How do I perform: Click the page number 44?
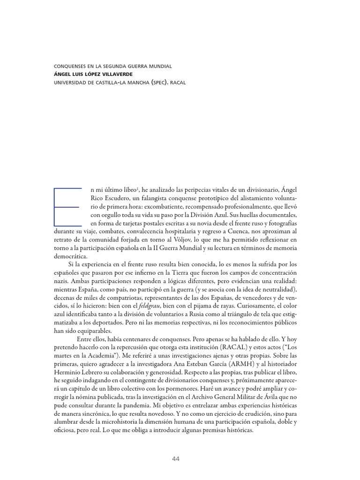point(176,458)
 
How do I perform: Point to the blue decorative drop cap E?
point(68,206)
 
